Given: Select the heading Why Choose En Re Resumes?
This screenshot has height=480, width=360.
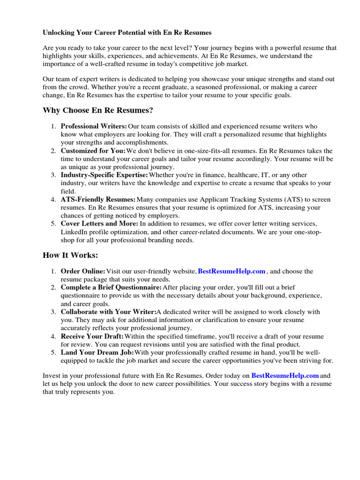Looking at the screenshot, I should click(98, 110).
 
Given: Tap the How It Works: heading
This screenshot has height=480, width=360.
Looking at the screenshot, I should click(71, 255).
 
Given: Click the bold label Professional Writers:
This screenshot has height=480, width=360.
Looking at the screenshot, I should click(94, 127).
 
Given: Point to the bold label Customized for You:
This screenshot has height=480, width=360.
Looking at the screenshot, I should click(93, 151).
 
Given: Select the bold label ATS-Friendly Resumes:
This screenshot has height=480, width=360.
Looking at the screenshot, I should click(98, 200).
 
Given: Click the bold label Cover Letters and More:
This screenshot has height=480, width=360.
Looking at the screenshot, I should click(99, 224).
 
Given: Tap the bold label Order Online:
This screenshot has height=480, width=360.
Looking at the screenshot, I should click(83, 271).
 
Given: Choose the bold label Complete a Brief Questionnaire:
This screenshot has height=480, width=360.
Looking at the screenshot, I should click(111, 287).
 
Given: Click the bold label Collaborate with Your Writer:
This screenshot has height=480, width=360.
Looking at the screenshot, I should click(108, 312).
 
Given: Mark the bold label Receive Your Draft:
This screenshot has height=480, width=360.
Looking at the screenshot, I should click(92, 337).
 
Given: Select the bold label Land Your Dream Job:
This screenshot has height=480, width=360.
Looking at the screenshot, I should click(97, 352).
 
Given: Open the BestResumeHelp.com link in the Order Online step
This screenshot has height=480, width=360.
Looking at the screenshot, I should click(232, 271).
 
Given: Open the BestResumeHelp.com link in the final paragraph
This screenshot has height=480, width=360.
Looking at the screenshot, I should click(285, 375).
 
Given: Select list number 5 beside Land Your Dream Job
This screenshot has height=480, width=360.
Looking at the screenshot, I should click(53, 352).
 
